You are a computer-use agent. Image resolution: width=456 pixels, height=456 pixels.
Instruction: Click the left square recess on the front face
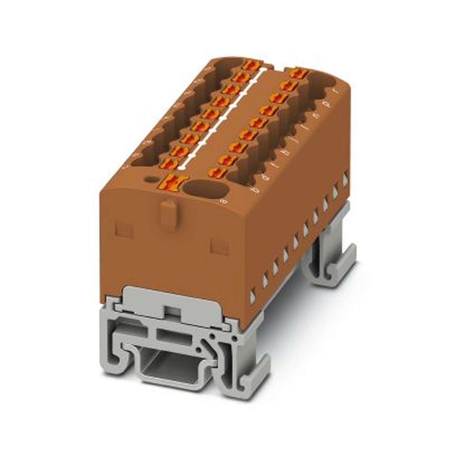(124, 230)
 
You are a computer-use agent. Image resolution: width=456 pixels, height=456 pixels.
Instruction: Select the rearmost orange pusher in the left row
(251, 65)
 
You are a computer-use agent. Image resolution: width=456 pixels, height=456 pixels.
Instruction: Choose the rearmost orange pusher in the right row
(299, 73)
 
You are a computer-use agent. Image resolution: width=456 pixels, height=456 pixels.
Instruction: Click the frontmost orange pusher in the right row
(218, 172)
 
